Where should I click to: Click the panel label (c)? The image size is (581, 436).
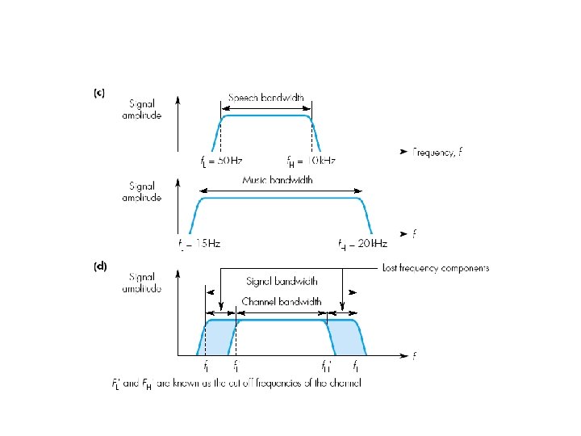click(98, 93)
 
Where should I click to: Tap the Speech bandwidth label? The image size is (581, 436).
click(265, 99)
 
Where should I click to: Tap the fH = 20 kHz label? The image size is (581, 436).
click(362, 242)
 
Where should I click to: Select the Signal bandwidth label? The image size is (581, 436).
click(282, 281)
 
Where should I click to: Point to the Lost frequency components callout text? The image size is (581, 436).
click(435, 268)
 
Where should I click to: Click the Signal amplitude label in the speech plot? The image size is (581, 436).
click(145, 109)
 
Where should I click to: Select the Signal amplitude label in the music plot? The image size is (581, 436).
click(145, 191)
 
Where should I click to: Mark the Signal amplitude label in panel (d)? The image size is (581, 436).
click(145, 282)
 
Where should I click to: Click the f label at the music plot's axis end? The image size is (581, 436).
click(414, 234)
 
